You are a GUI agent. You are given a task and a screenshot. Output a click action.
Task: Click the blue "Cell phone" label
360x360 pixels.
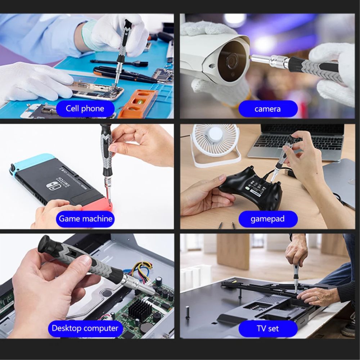[x=85, y=109]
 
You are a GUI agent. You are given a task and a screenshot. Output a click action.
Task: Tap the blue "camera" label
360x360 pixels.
[x=268, y=109]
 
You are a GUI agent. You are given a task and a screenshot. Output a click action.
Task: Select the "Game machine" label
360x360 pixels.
[x=85, y=219]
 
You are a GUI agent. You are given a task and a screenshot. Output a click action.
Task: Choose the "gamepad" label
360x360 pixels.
[x=268, y=219]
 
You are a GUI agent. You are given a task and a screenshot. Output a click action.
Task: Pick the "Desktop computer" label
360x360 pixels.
[x=85, y=328]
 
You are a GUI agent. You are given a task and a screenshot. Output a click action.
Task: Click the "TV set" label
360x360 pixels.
[x=268, y=329]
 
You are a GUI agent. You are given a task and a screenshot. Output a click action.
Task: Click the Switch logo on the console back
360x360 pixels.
[x=52, y=187]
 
